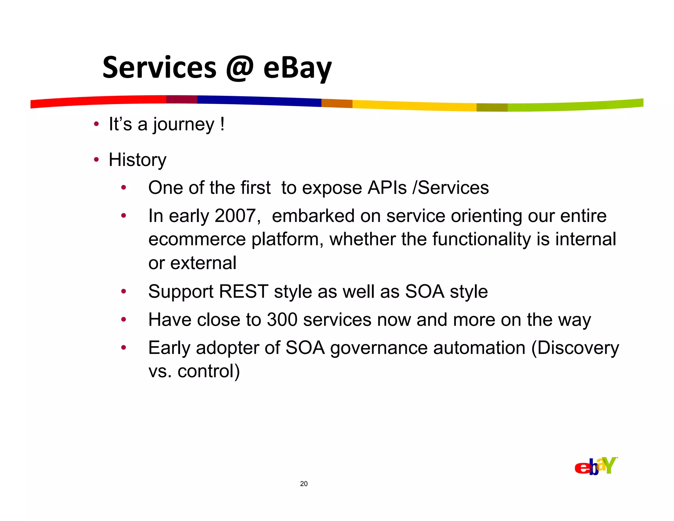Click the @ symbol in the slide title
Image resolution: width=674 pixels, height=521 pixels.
[240, 68]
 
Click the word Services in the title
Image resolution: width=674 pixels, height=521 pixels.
[159, 68]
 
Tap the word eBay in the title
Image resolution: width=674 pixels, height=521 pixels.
[297, 69]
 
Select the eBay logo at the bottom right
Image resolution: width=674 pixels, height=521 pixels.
[596, 466]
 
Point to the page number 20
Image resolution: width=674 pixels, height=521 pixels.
[304, 484]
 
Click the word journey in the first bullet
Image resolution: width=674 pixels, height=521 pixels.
[183, 125]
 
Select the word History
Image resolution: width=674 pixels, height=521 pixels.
[138, 160]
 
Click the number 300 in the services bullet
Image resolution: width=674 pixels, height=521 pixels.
[282, 320]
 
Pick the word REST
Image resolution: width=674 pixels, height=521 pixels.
[244, 291]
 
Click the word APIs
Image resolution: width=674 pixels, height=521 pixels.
[387, 188]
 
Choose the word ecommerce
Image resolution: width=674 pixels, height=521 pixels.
[197, 239]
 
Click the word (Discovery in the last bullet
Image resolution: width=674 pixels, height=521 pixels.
[575, 348]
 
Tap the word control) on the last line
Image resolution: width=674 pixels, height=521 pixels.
[209, 371]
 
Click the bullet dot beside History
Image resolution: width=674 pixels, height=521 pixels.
[96, 160]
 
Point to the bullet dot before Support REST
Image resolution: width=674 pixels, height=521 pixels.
[123, 291]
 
